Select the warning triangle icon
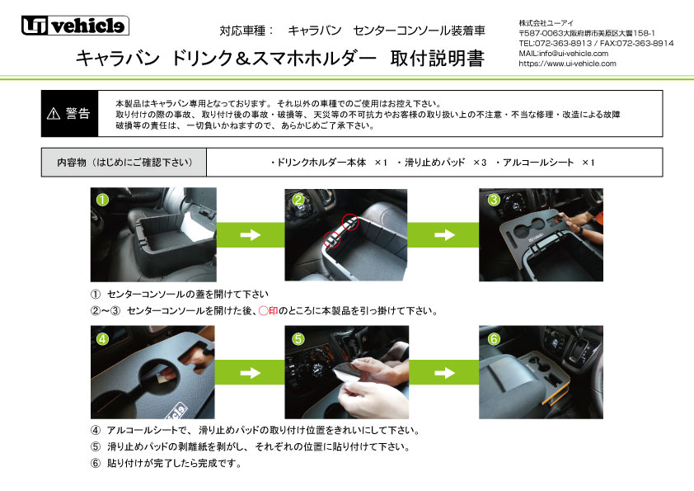click(x=54, y=114)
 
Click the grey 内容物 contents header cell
click(x=124, y=163)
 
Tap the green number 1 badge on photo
click(x=101, y=200)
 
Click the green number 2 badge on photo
click(x=298, y=200)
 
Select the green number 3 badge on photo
click(x=493, y=200)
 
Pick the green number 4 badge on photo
click(x=101, y=338)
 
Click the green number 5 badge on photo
click(x=298, y=338)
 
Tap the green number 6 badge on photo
click(x=493, y=338)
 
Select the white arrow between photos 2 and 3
click(x=444, y=235)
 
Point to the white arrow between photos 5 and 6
click(x=444, y=372)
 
